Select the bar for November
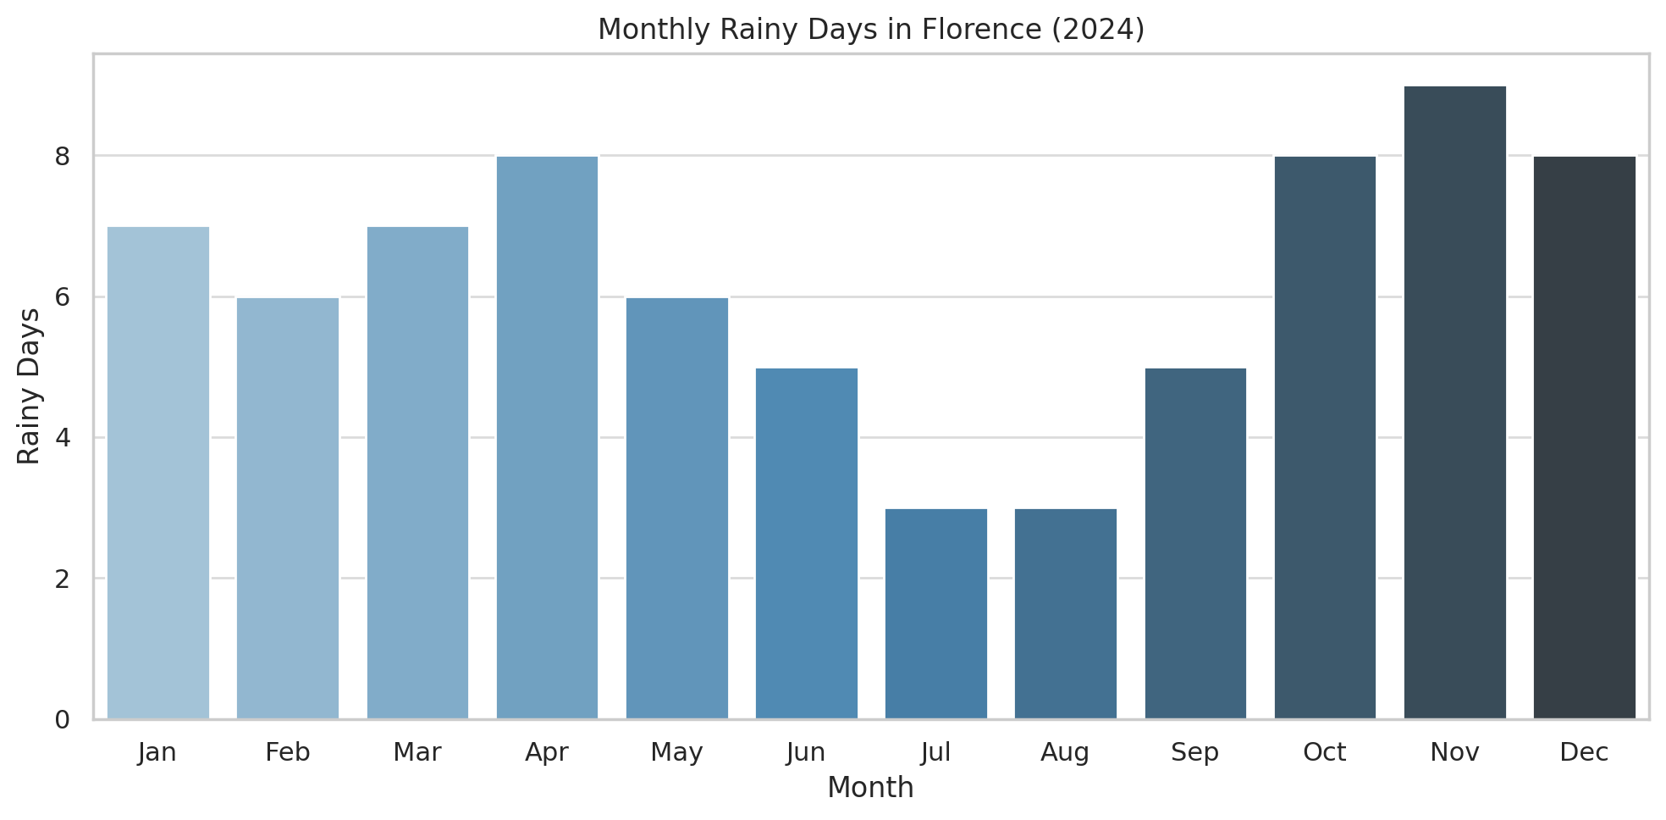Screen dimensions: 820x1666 (x=1454, y=402)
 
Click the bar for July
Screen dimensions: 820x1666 (x=936, y=614)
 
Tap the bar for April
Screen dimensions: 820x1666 (x=547, y=437)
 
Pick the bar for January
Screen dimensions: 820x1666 (x=158, y=473)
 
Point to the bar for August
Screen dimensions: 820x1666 (x=1066, y=614)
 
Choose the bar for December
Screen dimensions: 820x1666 (x=1584, y=437)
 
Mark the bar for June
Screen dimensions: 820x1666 (x=807, y=543)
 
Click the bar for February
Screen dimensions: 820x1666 (x=288, y=508)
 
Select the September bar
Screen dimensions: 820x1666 (x=1195, y=543)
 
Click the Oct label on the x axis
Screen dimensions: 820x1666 (x=1325, y=752)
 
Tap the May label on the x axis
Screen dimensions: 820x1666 (x=677, y=752)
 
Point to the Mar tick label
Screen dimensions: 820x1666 (x=417, y=752)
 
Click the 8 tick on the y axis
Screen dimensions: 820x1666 (x=63, y=157)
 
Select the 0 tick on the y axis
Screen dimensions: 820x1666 (x=63, y=720)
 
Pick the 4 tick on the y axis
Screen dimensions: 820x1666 (x=63, y=438)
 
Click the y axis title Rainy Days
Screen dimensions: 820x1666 (x=29, y=386)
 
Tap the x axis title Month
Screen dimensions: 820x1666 (x=870, y=788)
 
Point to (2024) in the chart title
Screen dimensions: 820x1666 (x=1096, y=30)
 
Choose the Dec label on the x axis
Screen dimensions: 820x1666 (x=1584, y=752)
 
